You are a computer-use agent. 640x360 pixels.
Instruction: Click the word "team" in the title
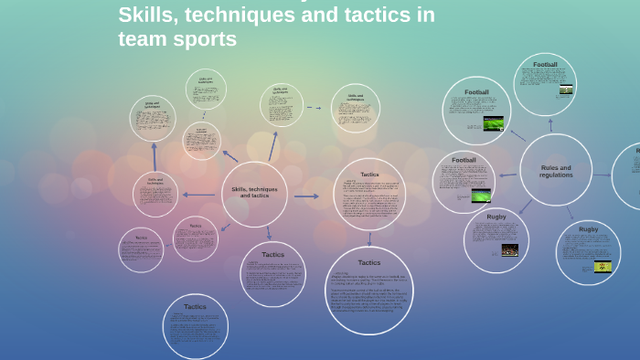144,39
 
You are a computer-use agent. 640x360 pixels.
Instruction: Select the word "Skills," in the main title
149,15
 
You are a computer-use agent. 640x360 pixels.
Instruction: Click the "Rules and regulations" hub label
556,171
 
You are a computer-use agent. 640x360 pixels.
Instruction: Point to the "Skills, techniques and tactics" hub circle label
254,192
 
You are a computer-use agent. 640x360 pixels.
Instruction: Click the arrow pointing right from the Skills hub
306,196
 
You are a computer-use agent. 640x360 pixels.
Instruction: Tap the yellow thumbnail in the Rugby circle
602,267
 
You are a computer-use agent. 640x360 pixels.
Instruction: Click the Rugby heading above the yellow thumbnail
588,229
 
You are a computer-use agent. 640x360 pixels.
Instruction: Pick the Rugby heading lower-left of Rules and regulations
496,217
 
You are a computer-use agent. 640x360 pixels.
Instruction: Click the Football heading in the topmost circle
545,65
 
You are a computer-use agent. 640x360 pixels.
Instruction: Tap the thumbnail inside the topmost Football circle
566,90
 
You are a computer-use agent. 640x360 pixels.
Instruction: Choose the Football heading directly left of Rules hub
464,160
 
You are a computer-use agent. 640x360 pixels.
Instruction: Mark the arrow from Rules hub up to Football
550,123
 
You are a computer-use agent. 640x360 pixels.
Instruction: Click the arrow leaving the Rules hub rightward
602,174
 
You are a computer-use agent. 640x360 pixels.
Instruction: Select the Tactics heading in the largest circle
369,262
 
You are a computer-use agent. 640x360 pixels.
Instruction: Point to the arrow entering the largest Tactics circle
369,238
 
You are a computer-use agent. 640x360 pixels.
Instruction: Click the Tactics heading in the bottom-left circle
195,307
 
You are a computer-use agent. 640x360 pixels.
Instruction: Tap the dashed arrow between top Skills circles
315,107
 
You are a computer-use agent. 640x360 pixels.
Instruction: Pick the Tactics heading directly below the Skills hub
272,255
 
